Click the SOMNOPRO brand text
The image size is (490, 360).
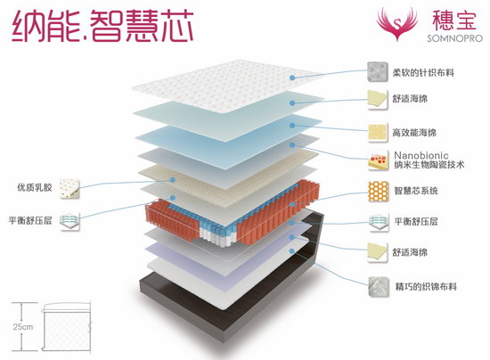[x=454, y=38]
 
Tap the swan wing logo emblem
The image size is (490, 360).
[x=397, y=23]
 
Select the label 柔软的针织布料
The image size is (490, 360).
[x=423, y=73]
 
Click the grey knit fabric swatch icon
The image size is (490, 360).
[x=378, y=72]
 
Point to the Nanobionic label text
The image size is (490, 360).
[x=421, y=155]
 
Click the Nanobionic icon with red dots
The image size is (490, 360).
[x=378, y=160]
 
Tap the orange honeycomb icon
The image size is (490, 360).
[x=379, y=192]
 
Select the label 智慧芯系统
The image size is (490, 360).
[x=416, y=191]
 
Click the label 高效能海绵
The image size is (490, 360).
[x=414, y=133]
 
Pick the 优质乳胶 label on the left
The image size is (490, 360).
[x=35, y=187]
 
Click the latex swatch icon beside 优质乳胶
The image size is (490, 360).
[x=69, y=189]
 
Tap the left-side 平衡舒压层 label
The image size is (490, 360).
[x=30, y=221]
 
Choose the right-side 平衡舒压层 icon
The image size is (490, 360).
[x=379, y=223]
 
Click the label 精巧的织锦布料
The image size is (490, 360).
[x=426, y=286]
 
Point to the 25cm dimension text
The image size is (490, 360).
[x=23, y=327]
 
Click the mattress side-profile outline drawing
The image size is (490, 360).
[x=67, y=326]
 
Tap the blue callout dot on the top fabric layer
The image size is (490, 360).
[x=292, y=78]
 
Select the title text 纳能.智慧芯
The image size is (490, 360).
[x=102, y=25]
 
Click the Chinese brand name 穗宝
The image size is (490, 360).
[x=454, y=20]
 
